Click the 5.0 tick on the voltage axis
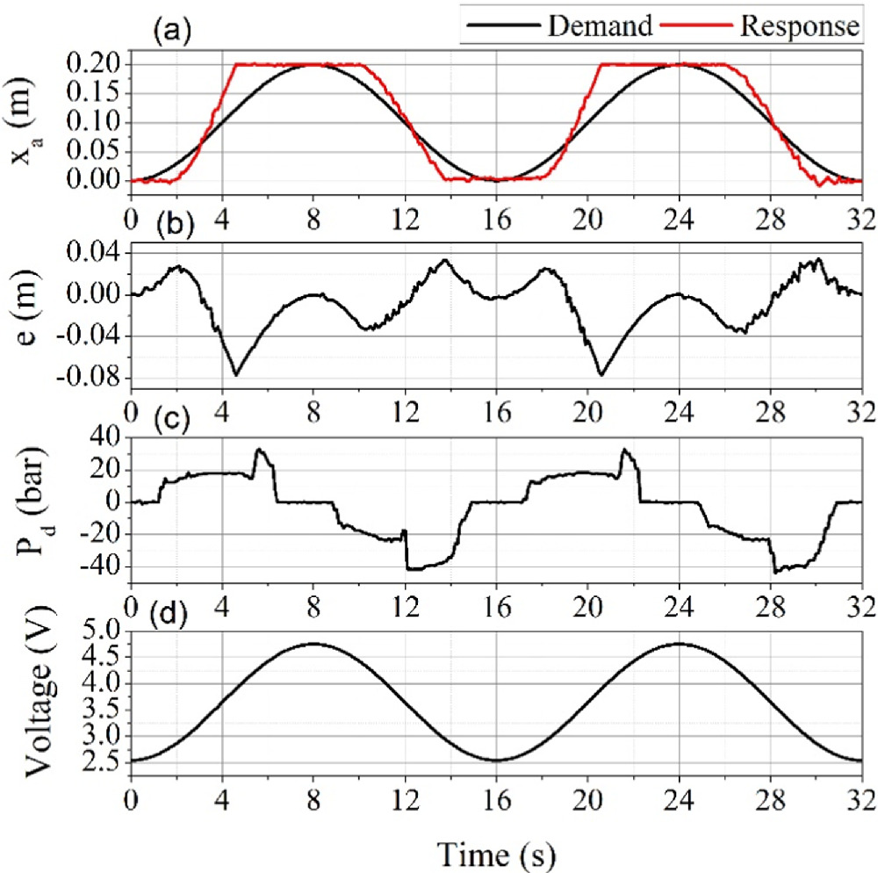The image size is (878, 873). [x=103, y=631]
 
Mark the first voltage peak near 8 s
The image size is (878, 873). [x=313, y=644]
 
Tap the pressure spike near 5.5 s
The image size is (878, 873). [x=258, y=450]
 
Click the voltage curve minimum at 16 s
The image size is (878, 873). [x=496, y=761]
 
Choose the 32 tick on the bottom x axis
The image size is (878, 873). [x=860, y=801]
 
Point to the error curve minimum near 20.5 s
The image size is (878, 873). [x=601, y=375]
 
